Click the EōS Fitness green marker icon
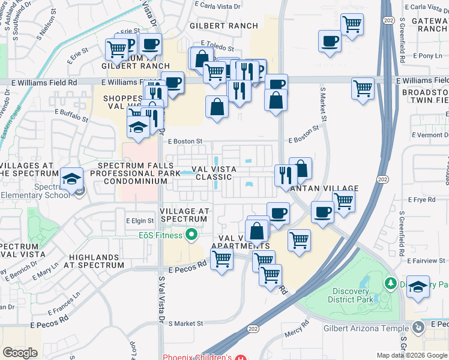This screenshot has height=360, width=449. pyautogui.click(x=192, y=235)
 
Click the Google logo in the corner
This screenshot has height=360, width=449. pyautogui.click(x=20, y=353)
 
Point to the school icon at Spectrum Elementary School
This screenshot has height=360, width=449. pyautogui.click(x=71, y=179)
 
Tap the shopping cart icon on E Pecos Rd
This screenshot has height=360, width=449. pyautogui.click(x=222, y=260)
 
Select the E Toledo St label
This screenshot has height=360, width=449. pyautogui.click(x=217, y=46)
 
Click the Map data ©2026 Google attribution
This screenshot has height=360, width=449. pyautogui.click(x=412, y=355)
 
